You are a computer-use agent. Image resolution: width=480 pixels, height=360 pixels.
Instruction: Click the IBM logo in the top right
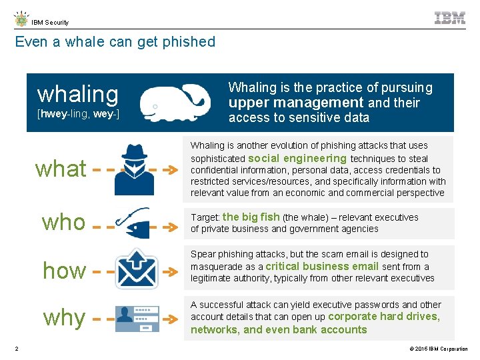[x=449, y=18]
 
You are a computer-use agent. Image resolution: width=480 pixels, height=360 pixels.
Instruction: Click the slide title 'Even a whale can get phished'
[x=115, y=42]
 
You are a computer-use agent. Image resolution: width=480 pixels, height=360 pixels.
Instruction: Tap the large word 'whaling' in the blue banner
[x=77, y=93]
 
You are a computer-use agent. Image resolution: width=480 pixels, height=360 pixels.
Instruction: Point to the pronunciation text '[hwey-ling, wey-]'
[x=78, y=114]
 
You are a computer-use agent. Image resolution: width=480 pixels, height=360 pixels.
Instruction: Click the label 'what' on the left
[x=61, y=169]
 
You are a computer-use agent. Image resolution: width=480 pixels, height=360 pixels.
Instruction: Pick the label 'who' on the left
[x=63, y=222]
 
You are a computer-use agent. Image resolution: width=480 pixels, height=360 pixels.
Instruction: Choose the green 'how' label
[x=64, y=271]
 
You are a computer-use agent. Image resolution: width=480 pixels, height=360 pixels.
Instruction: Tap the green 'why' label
[x=64, y=317]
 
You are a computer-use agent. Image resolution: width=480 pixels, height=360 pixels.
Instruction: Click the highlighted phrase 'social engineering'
[x=297, y=159]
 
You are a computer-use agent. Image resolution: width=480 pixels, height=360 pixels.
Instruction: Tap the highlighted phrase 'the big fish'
[x=251, y=217]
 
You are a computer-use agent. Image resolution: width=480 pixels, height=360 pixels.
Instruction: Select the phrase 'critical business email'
[x=322, y=266]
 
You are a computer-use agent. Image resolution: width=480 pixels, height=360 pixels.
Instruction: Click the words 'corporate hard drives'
[x=383, y=317]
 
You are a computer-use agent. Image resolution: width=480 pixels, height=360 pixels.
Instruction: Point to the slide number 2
[x=17, y=349]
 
